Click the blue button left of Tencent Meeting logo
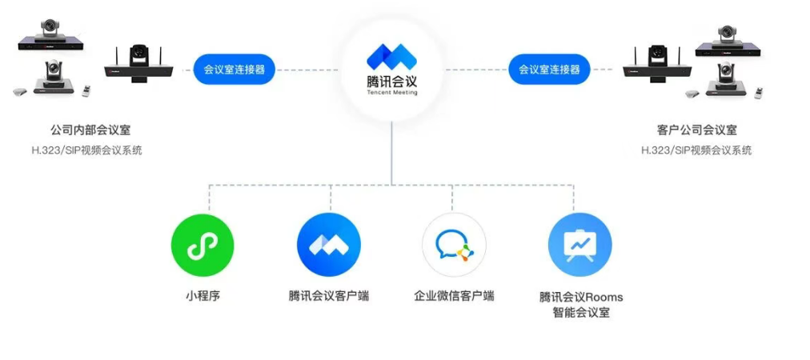pyautogui.click(x=234, y=70)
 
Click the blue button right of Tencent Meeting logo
pyautogui.click(x=549, y=70)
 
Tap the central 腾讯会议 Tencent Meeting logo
pyautogui.click(x=391, y=68)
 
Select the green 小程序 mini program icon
pyautogui.click(x=202, y=245)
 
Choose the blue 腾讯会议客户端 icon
pyautogui.click(x=328, y=245)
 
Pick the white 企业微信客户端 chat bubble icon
pyautogui.click(x=454, y=245)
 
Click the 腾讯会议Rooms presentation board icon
pyautogui.click(x=579, y=245)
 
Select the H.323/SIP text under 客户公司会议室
pyautogui.click(x=696, y=150)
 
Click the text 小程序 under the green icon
pyautogui.click(x=202, y=296)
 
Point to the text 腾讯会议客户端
pyautogui.click(x=328, y=296)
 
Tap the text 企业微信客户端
pyautogui.click(x=454, y=296)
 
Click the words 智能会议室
pyautogui.click(x=580, y=313)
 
